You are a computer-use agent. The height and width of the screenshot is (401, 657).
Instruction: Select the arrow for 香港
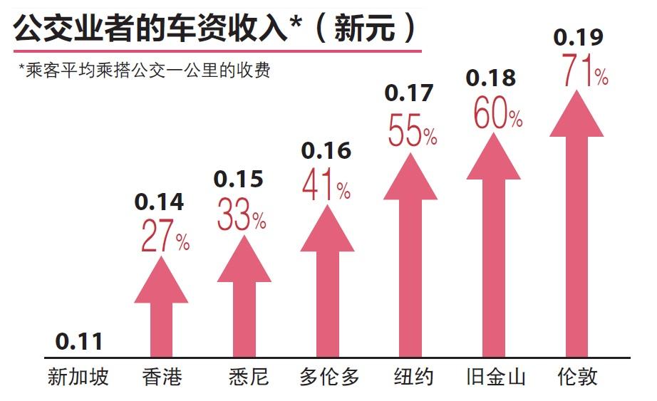click(x=161, y=313)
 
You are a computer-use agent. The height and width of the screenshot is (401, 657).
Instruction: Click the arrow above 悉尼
click(x=244, y=299)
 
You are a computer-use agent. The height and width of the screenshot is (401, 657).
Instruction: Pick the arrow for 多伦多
click(x=327, y=285)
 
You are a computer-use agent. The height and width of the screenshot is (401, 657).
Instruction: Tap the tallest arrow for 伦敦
click(x=576, y=228)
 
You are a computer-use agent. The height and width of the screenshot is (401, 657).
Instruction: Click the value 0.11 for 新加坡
click(x=79, y=342)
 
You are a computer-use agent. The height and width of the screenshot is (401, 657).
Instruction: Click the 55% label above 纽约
click(x=412, y=130)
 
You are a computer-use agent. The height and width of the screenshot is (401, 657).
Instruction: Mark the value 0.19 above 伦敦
click(x=578, y=36)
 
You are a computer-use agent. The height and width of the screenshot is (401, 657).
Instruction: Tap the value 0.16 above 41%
click(x=326, y=150)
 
